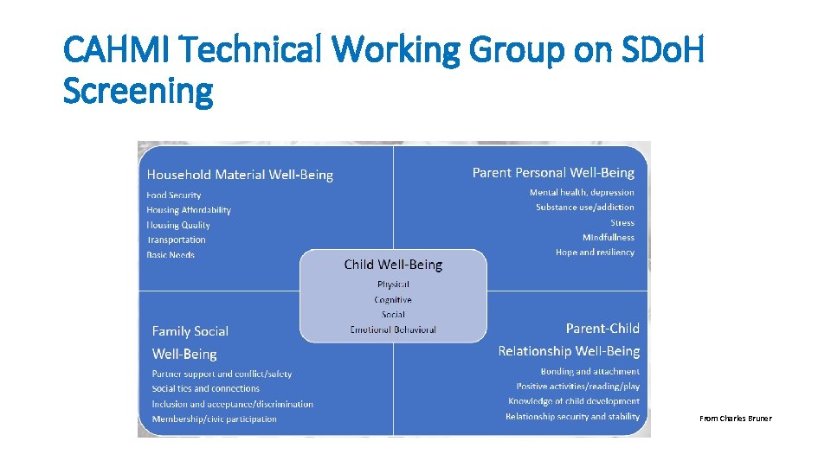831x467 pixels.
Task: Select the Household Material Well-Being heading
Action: pyautogui.click(x=240, y=175)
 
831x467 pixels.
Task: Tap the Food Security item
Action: pyautogui.click(x=173, y=195)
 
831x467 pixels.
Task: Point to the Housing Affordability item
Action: pyautogui.click(x=189, y=210)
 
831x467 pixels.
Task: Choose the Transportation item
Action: pyautogui.click(x=177, y=240)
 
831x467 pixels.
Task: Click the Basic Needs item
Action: pyautogui.click(x=171, y=255)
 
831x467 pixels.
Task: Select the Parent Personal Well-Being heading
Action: pyautogui.click(x=553, y=173)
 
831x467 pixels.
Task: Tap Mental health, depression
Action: pyautogui.click(x=582, y=193)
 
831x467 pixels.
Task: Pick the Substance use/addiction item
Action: pyautogui.click(x=584, y=208)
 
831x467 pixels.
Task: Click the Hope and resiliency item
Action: pyautogui.click(x=595, y=253)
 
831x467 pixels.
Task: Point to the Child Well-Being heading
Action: pyautogui.click(x=393, y=265)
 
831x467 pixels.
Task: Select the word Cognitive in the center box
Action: pyautogui.click(x=393, y=299)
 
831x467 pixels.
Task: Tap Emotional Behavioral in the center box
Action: pyautogui.click(x=393, y=329)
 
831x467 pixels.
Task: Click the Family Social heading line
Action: pyautogui.click(x=190, y=331)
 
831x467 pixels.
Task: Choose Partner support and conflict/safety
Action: pyautogui.click(x=222, y=374)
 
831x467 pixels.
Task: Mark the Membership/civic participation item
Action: pyautogui.click(x=215, y=419)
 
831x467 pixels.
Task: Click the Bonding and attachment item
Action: pyautogui.click(x=590, y=371)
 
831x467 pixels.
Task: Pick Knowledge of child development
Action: pyautogui.click(x=574, y=401)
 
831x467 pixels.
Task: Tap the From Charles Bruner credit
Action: pyautogui.click(x=735, y=419)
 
